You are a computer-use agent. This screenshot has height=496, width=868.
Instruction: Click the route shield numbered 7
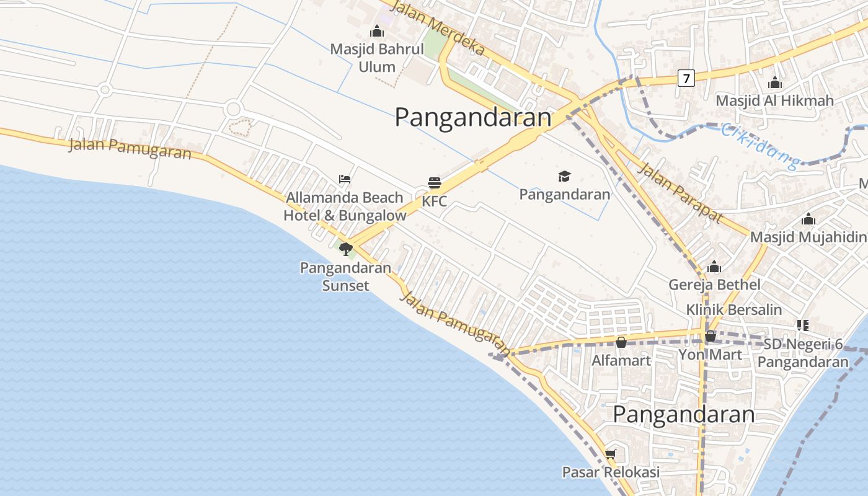coord(686,78)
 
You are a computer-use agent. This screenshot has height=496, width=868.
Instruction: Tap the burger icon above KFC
coord(434,183)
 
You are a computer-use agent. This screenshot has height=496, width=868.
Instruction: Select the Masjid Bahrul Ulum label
coord(377,58)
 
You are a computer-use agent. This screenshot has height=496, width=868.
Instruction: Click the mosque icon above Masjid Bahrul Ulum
coord(376,31)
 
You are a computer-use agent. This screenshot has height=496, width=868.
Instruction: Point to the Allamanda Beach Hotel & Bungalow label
coord(345,206)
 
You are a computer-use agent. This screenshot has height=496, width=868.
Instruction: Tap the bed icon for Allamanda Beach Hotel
coord(345,179)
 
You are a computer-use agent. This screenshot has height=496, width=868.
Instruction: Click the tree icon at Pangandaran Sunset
coord(345,249)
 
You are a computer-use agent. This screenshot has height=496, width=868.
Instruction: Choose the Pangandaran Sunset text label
coord(345,277)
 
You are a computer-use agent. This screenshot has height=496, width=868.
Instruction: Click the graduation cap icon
coord(564,177)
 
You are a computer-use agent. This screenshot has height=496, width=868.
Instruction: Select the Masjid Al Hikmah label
coord(774,100)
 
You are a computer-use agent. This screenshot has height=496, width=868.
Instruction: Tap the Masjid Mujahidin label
coord(808,237)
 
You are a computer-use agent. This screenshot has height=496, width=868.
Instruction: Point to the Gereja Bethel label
coord(714,285)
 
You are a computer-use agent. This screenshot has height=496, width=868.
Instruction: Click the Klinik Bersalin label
coord(733,309)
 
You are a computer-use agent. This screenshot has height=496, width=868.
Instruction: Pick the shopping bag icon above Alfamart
coord(621,342)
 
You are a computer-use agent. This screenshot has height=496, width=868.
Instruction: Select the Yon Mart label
coord(710,355)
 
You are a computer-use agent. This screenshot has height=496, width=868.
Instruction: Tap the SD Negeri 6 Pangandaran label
coord(803,353)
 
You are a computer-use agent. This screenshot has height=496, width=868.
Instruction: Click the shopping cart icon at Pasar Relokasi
coord(610,454)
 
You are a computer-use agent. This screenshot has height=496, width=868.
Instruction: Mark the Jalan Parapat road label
coord(680,193)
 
